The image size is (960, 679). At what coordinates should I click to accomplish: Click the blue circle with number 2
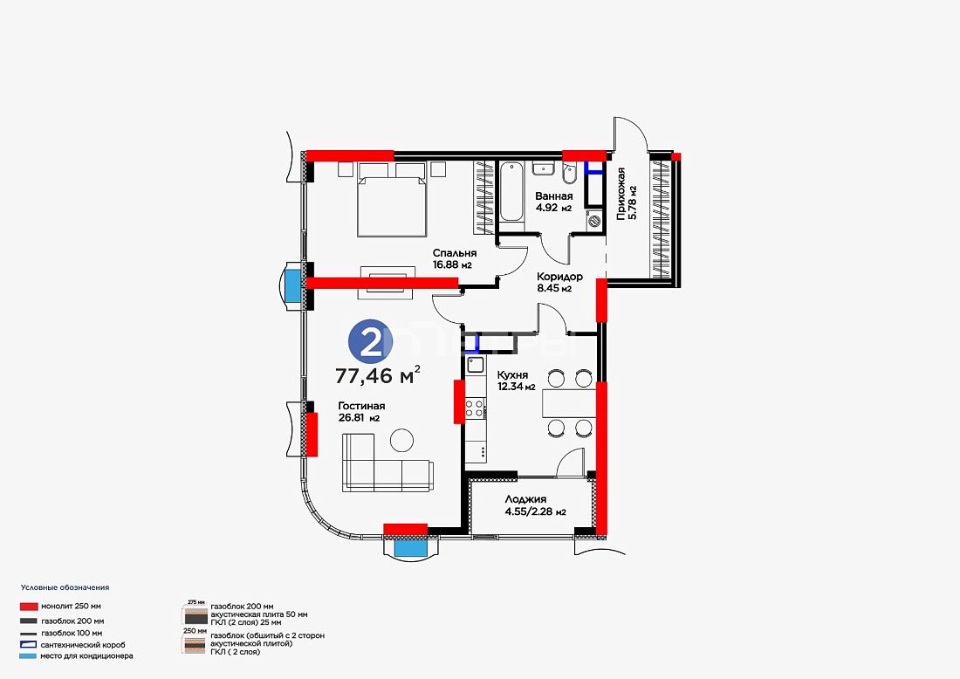[x=370, y=341]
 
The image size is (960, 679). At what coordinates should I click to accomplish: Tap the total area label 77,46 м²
[x=378, y=374]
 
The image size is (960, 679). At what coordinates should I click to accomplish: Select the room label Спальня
[x=455, y=253]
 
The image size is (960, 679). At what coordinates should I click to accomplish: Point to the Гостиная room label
[x=361, y=406]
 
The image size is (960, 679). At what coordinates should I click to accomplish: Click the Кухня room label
[x=512, y=375]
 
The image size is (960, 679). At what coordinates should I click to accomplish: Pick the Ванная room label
[x=554, y=196]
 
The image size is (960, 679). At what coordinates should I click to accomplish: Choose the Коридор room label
[x=559, y=277]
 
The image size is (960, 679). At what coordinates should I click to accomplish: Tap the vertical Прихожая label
[x=621, y=194]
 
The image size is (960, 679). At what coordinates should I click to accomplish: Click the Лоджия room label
[x=526, y=499]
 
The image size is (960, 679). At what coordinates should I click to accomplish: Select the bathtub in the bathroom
[x=510, y=192]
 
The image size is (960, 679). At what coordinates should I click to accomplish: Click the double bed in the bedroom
[x=392, y=199]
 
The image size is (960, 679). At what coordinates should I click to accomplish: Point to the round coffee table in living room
[x=401, y=440]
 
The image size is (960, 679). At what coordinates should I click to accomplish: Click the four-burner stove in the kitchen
[x=475, y=408]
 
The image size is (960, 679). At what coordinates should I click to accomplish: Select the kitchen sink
[x=476, y=366]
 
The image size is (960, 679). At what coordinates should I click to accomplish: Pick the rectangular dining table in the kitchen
[x=569, y=403]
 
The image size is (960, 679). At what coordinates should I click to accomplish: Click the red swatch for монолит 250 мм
[x=29, y=607]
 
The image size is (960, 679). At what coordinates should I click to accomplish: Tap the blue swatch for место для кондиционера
[x=28, y=656]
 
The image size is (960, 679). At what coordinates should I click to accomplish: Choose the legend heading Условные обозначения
[x=65, y=587]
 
